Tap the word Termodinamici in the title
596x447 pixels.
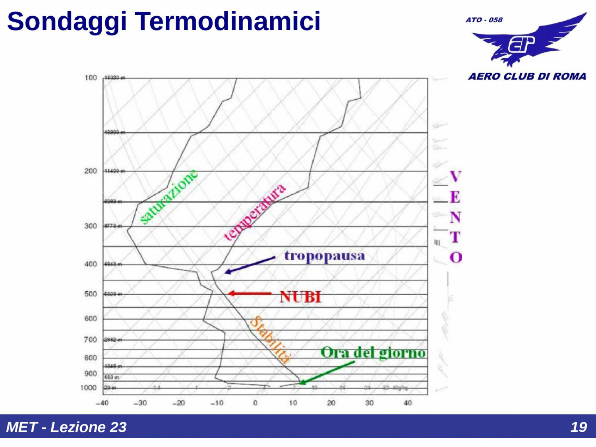point(228,21)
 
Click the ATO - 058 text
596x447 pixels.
point(484,20)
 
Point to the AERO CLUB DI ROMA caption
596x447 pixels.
point(527,76)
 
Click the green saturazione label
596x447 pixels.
point(168,197)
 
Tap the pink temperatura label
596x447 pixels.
point(254,213)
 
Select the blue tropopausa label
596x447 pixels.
point(324,256)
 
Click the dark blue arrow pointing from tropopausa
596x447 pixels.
point(250,265)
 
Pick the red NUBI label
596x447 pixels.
point(300,297)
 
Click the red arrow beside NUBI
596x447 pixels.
point(250,294)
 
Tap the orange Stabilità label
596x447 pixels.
point(270,340)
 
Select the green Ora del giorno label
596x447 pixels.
point(373,352)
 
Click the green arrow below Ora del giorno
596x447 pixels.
point(327,372)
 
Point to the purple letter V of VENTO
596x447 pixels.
point(455,176)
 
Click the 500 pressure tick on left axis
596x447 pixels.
point(90,294)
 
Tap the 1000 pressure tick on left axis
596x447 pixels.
point(88,388)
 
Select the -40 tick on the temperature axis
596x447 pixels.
point(102,403)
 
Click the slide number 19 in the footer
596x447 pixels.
point(578,427)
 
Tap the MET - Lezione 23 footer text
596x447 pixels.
point(66,427)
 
